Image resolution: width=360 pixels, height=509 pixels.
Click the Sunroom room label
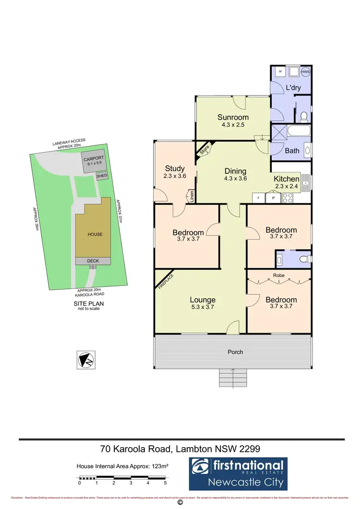tap(233, 117)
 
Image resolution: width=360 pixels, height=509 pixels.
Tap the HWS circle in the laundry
tap(305, 72)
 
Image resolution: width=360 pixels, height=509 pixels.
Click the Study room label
tap(175, 168)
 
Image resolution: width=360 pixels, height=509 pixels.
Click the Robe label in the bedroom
tap(279, 276)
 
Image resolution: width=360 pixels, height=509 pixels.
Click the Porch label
tap(235, 352)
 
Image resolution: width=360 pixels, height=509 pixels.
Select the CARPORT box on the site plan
tap(93, 161)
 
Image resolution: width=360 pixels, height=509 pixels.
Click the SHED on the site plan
tap(102, 177)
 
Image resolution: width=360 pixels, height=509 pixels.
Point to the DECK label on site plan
tap(93, 261)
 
